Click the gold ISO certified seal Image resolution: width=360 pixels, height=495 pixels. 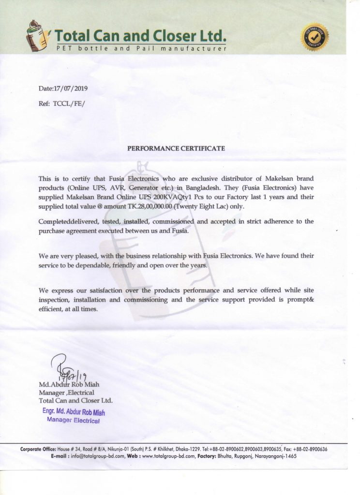click(x=315, y=37)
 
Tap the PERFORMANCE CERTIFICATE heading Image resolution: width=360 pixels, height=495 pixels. click(x=176, y=148)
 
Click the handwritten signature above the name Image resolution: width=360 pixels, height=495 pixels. click(x=68, y=368)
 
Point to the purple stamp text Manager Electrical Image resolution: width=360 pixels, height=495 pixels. click(x=73, y=421)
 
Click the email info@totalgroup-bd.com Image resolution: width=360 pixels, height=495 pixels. click(x=100, y=456)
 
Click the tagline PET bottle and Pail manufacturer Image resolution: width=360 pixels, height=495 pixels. click(x=141, y=49)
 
